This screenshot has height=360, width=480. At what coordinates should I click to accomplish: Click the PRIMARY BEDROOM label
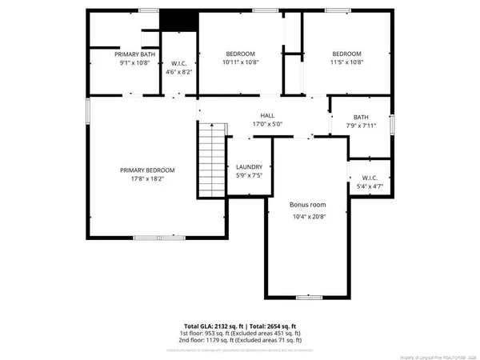pyautogui.click(x=147, y=170)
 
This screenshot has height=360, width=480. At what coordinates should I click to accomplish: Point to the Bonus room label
pyautogui.click(x=307, y=206)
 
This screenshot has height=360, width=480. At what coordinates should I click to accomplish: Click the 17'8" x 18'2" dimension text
pyautogui.click(x=147, y=179)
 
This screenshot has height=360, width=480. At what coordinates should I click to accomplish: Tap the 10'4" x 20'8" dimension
pyautogui.click(x=307, y=216)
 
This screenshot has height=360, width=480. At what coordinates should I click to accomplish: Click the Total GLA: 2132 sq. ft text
pyautogui.click(x=207, y=326)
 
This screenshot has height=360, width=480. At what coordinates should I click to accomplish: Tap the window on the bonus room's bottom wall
pyautogui.click(x=306, y=296)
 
